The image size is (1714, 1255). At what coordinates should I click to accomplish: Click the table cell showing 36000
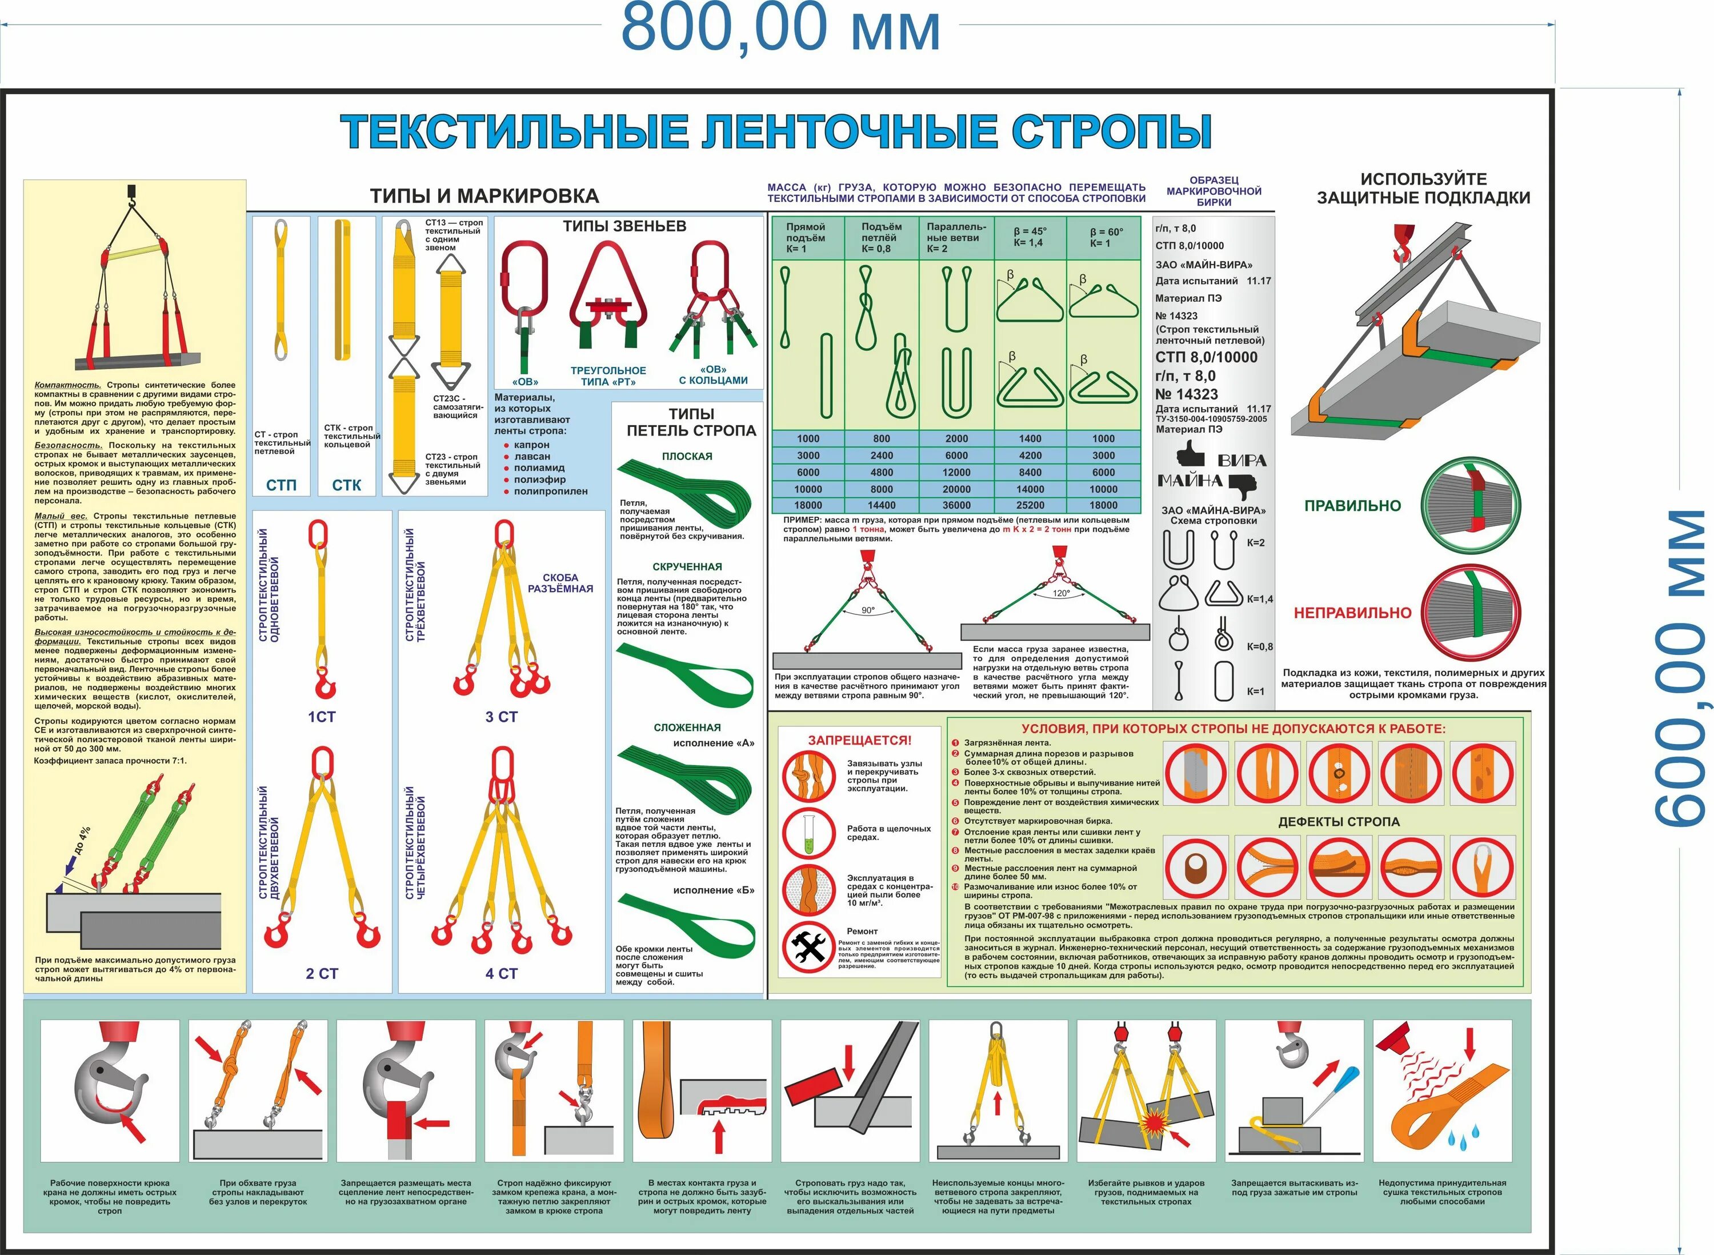click(x=956, y=505)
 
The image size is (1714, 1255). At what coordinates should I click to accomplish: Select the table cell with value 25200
click(x=1030, y=505)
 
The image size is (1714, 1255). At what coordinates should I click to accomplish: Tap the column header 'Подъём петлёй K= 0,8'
click(x=881, y=238)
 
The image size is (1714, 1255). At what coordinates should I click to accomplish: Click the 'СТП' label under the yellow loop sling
click(x=281, y=485)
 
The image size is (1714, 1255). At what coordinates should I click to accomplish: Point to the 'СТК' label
click(x=346, y=485)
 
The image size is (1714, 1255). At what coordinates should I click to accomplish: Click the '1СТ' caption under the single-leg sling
click(x=321, y=717)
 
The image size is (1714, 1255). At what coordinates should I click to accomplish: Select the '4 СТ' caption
click(x=501, y=973)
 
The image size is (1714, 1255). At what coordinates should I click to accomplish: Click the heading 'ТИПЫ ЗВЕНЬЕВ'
click(x=624, y=226)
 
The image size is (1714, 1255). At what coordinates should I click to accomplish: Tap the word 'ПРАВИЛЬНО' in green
click(x=1352, y=506)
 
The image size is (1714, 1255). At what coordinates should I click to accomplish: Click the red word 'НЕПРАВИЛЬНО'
click(x=1352, y=612)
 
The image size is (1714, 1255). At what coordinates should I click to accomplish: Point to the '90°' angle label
click(x=868, y=610)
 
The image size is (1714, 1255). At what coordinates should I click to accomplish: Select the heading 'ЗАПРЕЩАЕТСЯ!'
click(x=859, y=740)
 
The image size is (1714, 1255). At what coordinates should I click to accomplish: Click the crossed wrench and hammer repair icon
click(x=809, y=946)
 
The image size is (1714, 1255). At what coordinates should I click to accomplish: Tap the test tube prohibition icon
click(x=809, y=833)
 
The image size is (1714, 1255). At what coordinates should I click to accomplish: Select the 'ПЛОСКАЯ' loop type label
click(x=687, y=457)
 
